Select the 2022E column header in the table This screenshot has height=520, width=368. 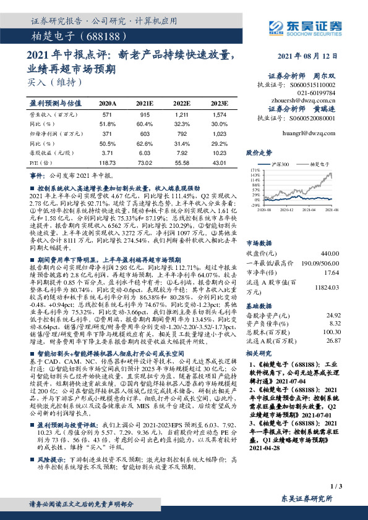182,104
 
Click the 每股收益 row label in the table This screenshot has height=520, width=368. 44,151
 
